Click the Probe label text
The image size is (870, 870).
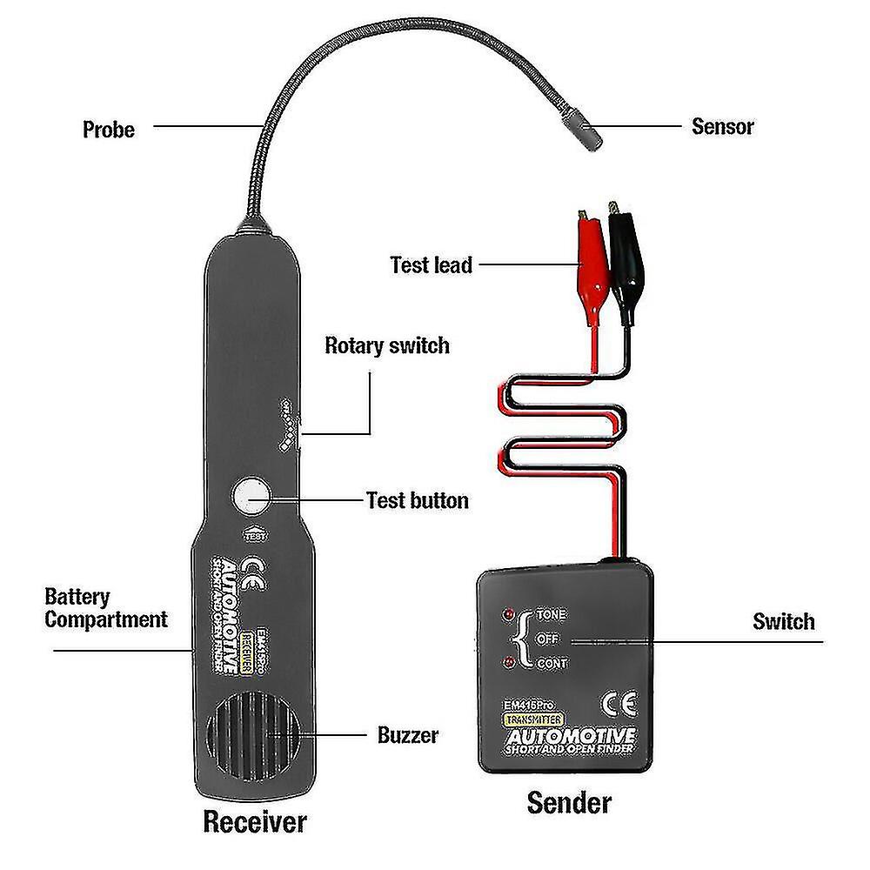(x=109, y=130)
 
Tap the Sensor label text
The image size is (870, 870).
(x=722, y=126)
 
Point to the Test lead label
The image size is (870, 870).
(x=431, y=264)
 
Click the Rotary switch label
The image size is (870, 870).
(x=387, y=345)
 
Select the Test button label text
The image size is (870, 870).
(x=417, y=500)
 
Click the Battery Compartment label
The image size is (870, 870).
(x=104, y=608)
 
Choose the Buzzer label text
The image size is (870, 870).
(x=408, y=735)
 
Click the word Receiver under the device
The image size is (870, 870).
(x=255, y=820)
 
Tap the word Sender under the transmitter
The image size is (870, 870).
(x=569, y=801)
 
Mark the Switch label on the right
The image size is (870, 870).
(x=783, y=621)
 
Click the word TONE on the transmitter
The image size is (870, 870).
(x=551, y=614)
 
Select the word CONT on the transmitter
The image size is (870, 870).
(x=552, y=663)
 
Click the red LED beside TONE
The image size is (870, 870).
(x=507, y=614)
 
